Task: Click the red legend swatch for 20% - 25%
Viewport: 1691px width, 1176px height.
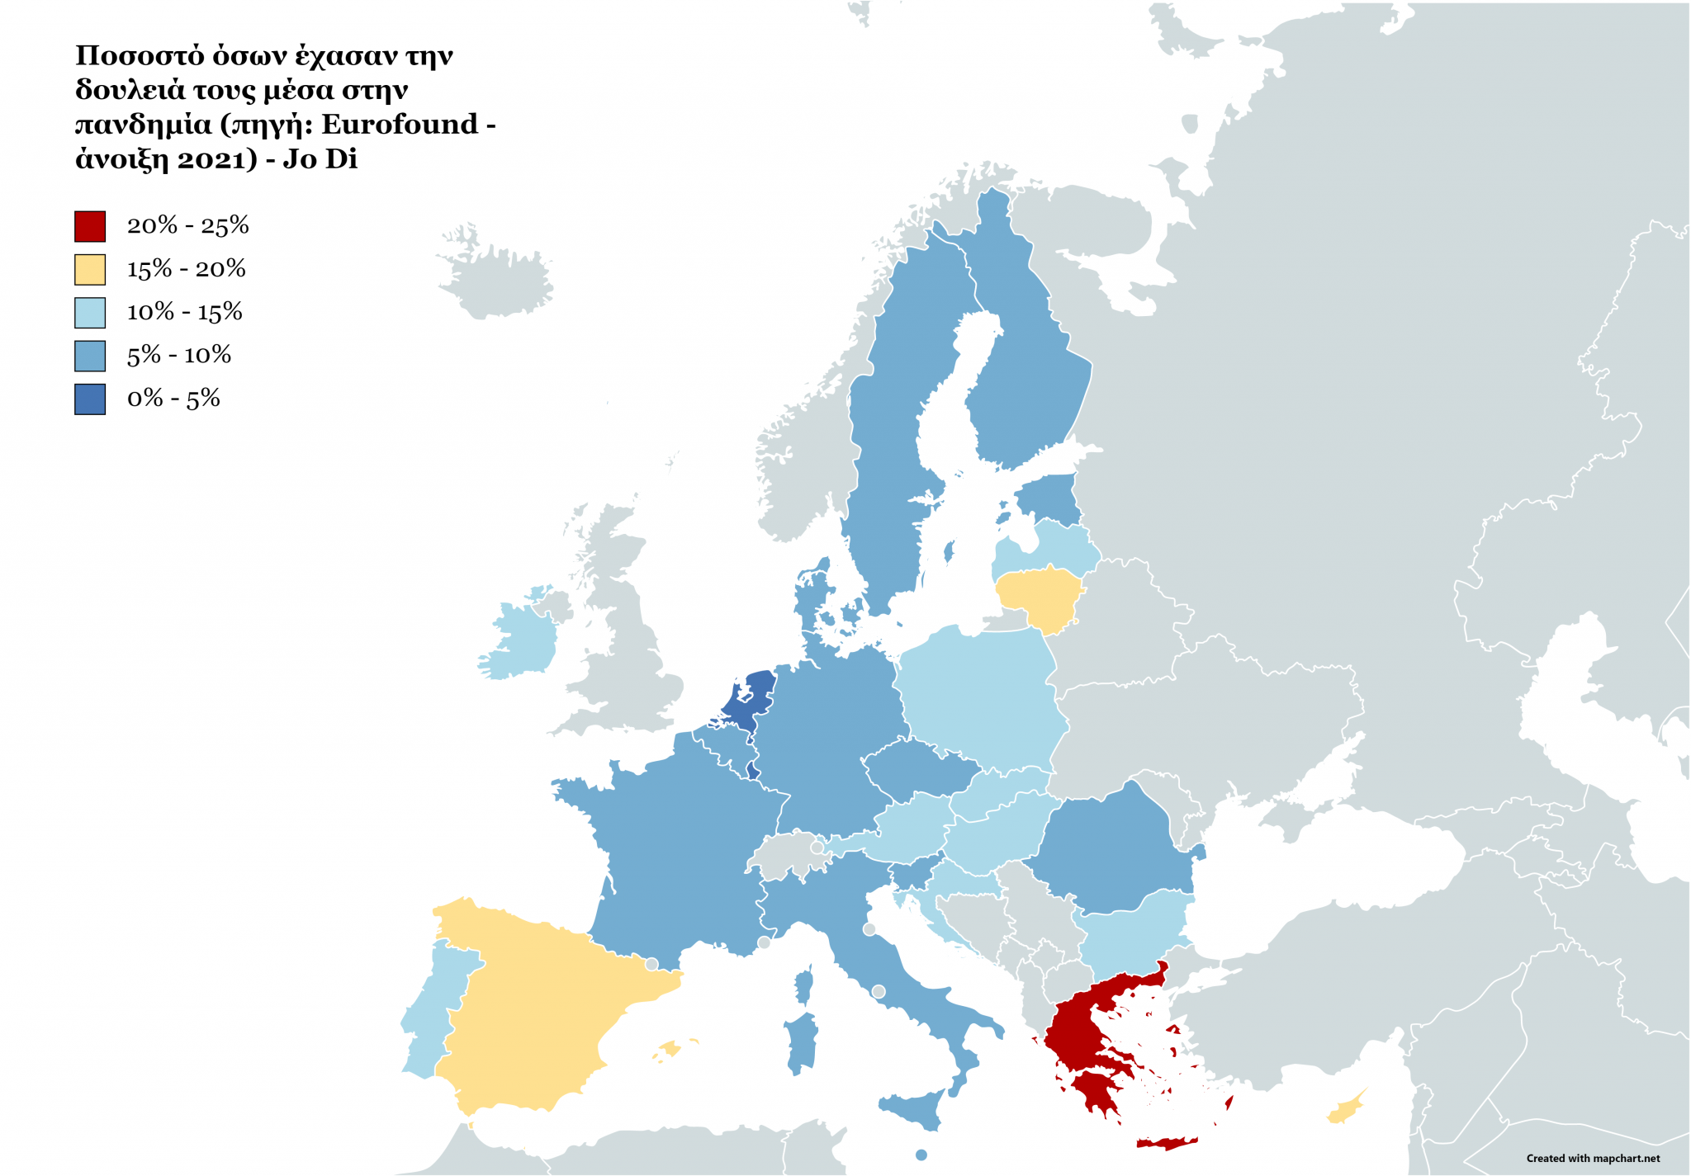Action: [90, 226]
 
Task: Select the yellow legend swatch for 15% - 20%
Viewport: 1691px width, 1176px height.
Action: [90, 270]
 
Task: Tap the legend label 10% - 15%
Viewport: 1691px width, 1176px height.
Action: [184, 312]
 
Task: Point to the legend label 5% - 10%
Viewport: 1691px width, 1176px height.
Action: [178, 356]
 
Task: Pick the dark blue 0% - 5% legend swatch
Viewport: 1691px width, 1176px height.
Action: [90, 399]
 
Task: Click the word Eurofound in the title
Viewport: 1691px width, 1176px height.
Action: [400, 124]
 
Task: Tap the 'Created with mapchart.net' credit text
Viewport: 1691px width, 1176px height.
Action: [1593, 1159]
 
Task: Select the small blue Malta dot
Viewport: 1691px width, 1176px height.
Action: [921, 1155]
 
